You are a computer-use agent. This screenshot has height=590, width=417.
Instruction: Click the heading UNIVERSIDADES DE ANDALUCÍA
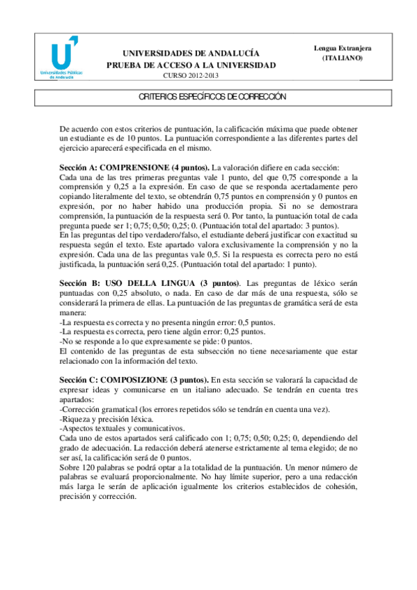191,53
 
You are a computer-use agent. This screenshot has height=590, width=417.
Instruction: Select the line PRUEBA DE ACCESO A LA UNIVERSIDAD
191,65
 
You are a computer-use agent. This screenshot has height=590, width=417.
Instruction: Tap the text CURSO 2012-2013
190,76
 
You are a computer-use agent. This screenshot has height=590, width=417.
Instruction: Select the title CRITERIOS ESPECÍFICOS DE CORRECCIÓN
208,97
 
